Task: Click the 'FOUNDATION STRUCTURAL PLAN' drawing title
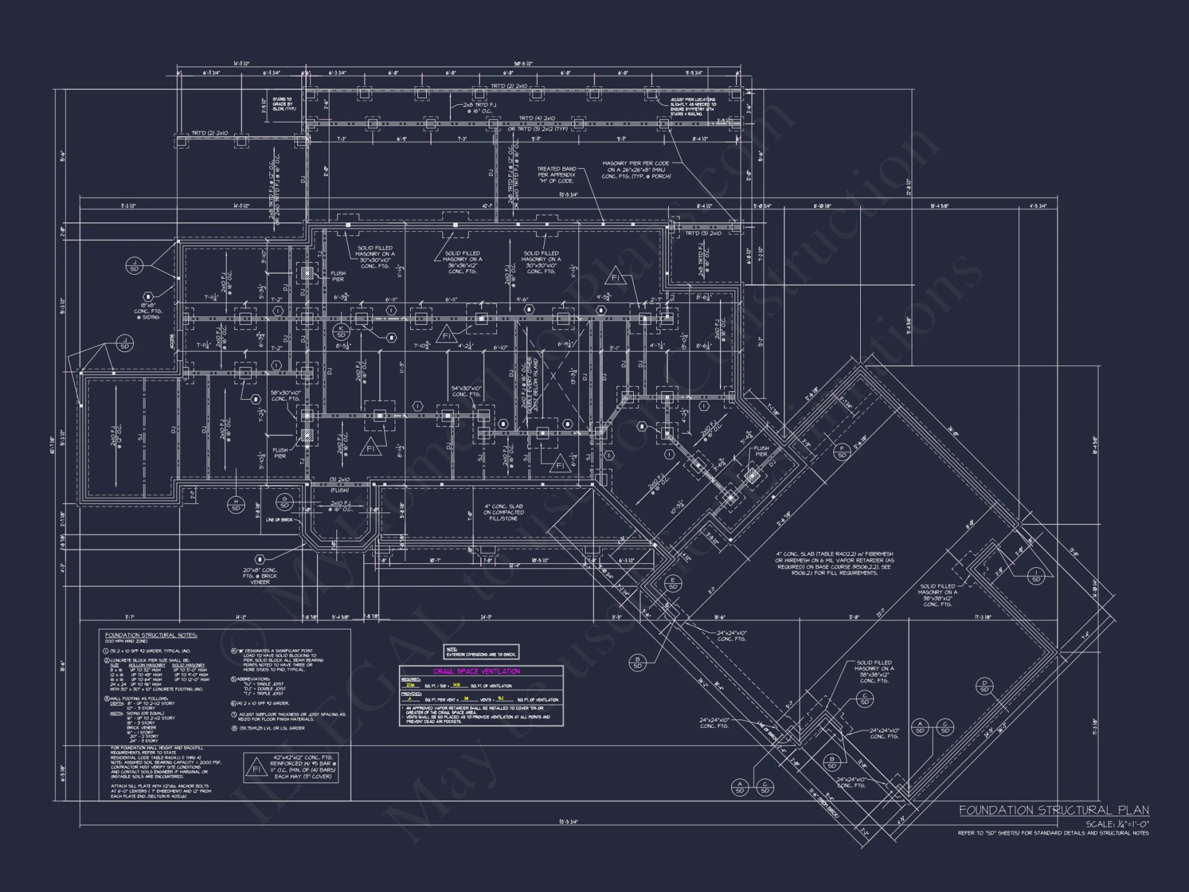point(1053,810)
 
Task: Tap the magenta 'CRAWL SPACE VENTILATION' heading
point(476,671)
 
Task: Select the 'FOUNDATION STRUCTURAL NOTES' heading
point(151,635)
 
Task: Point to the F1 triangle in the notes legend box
point(257,769)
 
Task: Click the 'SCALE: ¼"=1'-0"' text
point(1117,824)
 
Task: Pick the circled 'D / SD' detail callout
point(984,686)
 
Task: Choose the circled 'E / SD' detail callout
point(672,583)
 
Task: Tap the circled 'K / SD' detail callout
point(341,331)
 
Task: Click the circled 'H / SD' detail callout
point(236,505)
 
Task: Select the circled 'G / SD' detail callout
point(284,502)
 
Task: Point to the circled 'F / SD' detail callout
point(841,451)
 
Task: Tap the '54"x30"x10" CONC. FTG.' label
point(466,391)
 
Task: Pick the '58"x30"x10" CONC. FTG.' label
point(286,395)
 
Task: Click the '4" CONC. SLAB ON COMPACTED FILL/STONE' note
point(503,512)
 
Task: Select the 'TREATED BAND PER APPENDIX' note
point(556,175)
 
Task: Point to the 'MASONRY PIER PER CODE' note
point(636,169)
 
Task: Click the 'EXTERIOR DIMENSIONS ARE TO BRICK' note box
point(482,652)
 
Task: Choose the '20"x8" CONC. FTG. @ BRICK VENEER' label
point(260,576)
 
